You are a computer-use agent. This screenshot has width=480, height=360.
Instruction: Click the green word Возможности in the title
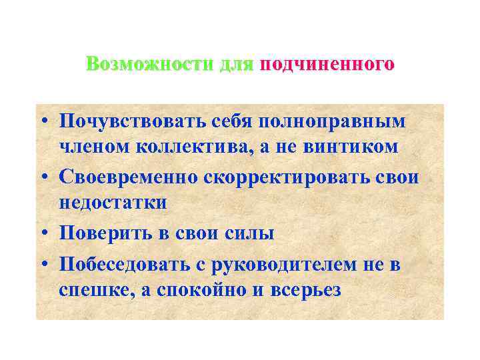[151, 65]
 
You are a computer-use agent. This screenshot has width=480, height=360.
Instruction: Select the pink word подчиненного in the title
[327, 65]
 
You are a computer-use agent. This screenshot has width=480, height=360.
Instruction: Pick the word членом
[90, 147]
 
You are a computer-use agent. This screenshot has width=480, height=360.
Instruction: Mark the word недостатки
[112, 202]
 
